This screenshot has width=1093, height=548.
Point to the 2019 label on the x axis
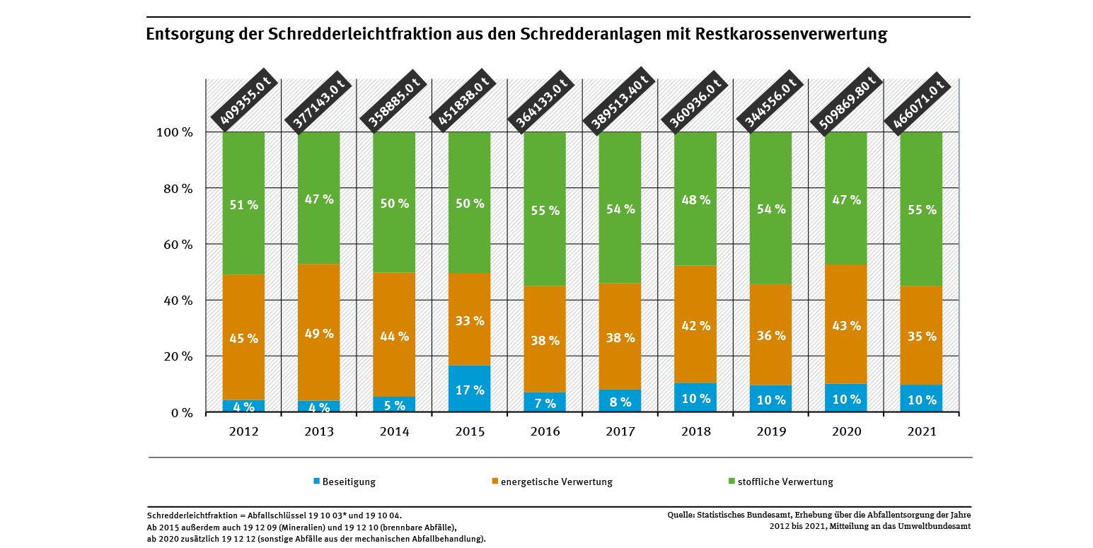[x=770, y=431]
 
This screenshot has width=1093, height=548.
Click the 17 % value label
[x=469, y=390]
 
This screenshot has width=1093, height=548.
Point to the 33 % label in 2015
[x=469, y=321]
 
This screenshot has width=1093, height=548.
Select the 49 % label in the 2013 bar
[x=318, y=333]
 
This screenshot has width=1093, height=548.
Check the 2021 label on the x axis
[x=921, y=431]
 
